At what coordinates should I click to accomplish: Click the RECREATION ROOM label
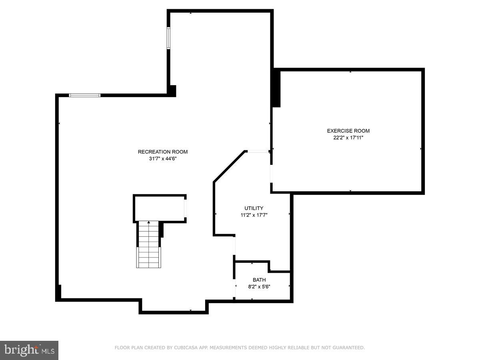pos(162,152)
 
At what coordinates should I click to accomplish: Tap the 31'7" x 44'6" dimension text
pos(162,159)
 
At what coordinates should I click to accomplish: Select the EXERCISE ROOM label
pos(348,131)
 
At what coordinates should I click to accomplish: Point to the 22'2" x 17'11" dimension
pos(348,138)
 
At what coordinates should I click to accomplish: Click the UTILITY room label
pos(254,208)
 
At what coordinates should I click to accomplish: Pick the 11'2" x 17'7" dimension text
pos(254,215)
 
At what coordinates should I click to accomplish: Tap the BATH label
pos(259,280)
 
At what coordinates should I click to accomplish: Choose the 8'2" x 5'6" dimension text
pos(259,286)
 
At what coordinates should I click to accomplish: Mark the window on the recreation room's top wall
pos(84,95)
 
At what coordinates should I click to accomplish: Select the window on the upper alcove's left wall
pos(169,38)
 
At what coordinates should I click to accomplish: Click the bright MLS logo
pos(29,350)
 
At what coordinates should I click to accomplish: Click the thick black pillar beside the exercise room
pos(276,88)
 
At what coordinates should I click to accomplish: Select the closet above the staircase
pos(159,208)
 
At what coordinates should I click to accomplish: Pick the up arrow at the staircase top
pos(149,222)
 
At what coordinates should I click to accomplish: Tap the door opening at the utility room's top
pos(258,151)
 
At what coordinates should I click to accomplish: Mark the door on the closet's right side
pos(185,208)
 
